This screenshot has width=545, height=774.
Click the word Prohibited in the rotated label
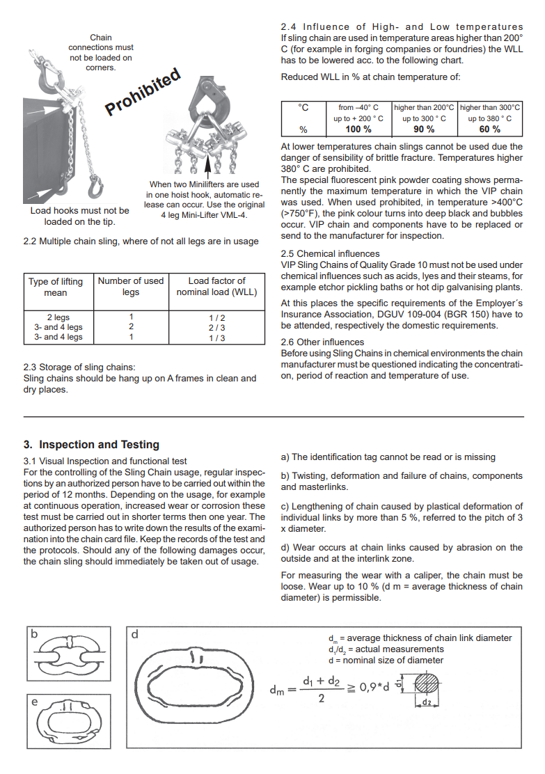143,92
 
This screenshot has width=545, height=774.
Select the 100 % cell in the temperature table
358,129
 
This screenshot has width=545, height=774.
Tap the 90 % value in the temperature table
424,129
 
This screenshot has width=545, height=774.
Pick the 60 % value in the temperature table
490,129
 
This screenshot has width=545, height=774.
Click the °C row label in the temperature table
303,108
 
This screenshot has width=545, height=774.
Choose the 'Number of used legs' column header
131,286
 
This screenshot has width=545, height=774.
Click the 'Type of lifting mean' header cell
55,287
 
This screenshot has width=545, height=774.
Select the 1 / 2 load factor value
216,318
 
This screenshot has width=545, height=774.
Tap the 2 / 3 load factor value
216,328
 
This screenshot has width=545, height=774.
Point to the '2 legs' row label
58,317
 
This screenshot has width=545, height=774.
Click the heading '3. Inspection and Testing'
91,445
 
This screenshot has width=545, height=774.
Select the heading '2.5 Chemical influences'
330,254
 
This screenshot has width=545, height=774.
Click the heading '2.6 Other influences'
322,342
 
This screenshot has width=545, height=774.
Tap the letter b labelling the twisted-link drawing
34,633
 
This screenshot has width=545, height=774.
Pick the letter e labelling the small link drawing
34,702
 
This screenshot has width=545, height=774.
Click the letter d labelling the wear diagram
135,634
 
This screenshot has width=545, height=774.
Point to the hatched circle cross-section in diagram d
427,684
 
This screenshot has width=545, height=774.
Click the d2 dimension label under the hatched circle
427,702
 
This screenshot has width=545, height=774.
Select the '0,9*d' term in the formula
374,687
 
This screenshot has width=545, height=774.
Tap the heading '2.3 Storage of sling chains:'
79,368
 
